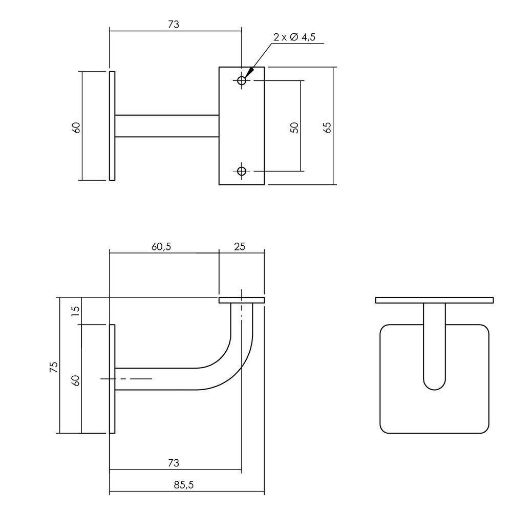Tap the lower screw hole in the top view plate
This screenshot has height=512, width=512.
coord(242,171)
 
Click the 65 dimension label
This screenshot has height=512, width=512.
coord(328,127)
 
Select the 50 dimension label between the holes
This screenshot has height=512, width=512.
coord(294,127)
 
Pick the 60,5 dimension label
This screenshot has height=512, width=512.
coord(161,246)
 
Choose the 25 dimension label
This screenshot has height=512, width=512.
coord(240,246)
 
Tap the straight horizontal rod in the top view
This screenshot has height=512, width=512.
coord(166,126)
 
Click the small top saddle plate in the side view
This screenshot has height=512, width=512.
coord(242,300)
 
